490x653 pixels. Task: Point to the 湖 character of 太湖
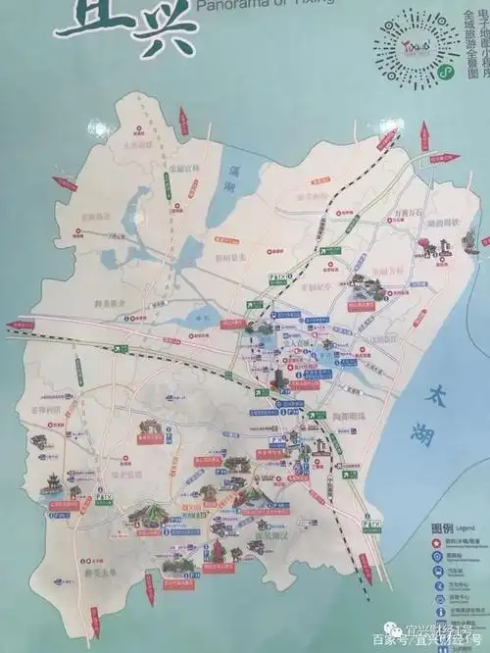445,428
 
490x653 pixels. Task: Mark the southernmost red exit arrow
95,617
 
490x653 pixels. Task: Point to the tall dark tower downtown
278,377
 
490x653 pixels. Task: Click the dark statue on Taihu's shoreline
469,238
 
